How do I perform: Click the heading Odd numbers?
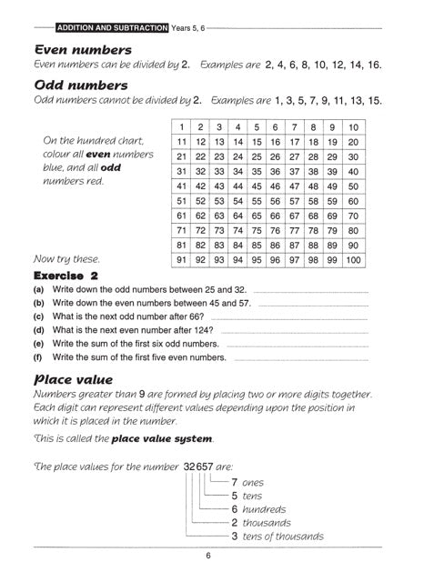pyautogui.click(x=80, y=86)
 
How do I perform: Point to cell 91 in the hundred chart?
pyautogui.click(x=182, y=260)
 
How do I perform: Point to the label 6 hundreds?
pyautogui.click(x=258, y=509)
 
